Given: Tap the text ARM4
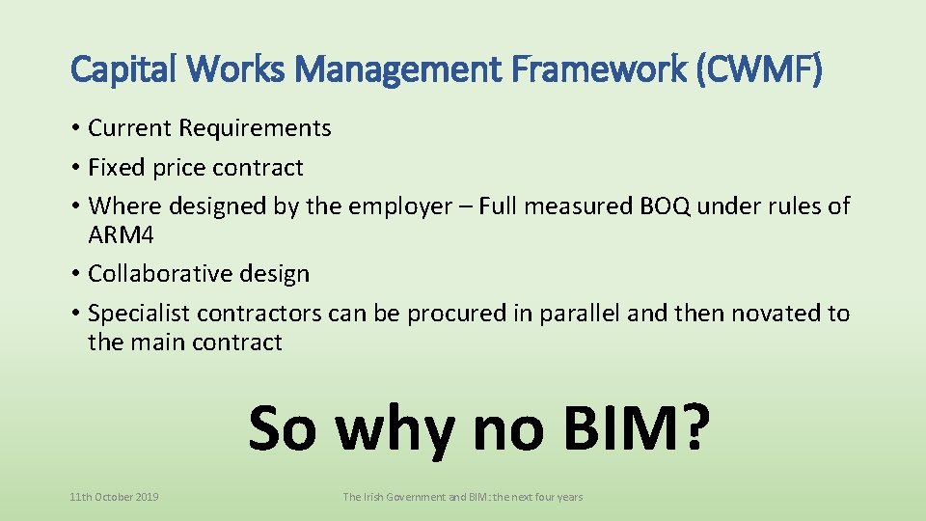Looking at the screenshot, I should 122,234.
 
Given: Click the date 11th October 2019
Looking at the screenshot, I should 115,497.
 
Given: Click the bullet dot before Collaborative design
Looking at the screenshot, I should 75,275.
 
